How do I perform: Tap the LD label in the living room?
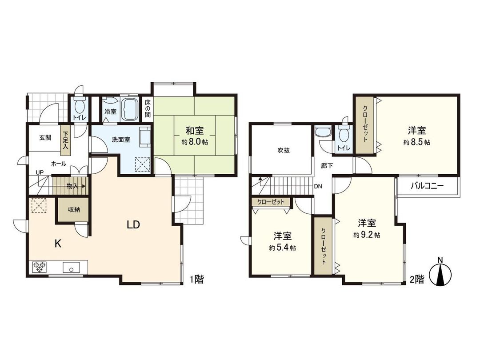pyautogui.click(x=133, y=225)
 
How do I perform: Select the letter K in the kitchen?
pyautogui.click(x=58, y=243)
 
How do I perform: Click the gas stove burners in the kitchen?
pyautogui.click(x=40, y=267)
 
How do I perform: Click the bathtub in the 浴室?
pyautogui.click(x=130, y=110)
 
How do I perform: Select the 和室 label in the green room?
pyautogui.click(x=194, y=131)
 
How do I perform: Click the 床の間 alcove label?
pyautogui.click(x=147, y=109)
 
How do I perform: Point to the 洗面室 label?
pyautogui.click(x=120, y=139)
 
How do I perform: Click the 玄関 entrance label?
pyautogui.click(x=45, y=137)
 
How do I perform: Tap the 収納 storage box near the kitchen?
pyautogui.click(x=74, y=210)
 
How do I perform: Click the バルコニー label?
pyautogui.click(x=427, y=186)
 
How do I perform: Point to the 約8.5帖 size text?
pyautogui.click(x=417, y=142)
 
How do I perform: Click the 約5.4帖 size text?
pyautogui.click(x=282, y=248)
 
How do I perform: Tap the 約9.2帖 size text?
pyautogui.click(x=367, y=235)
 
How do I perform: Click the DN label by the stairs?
pyautogui.click(x=318, y=186)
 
